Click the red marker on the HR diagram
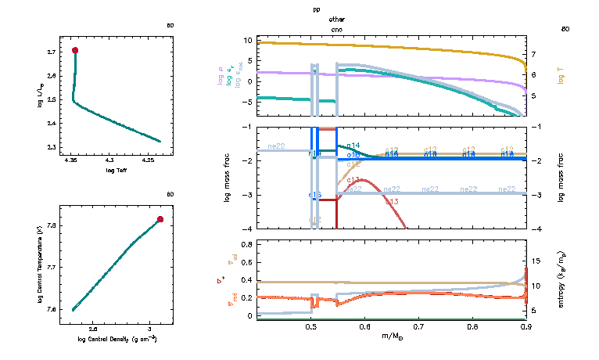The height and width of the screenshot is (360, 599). tap(75, 50)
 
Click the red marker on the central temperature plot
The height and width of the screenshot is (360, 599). tap(160, 219)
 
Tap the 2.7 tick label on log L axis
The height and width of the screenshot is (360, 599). tap(51, 52)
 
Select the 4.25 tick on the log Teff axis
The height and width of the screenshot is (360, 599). tap(148, 160)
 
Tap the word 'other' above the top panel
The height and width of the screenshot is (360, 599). tap(337, 18)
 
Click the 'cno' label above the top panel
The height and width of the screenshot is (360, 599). tap(337, 28)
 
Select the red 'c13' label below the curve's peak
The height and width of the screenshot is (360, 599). tap(392, 202)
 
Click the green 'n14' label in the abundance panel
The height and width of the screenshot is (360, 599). tap(353, 146)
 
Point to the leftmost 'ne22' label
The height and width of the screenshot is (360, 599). tap(276, 146)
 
